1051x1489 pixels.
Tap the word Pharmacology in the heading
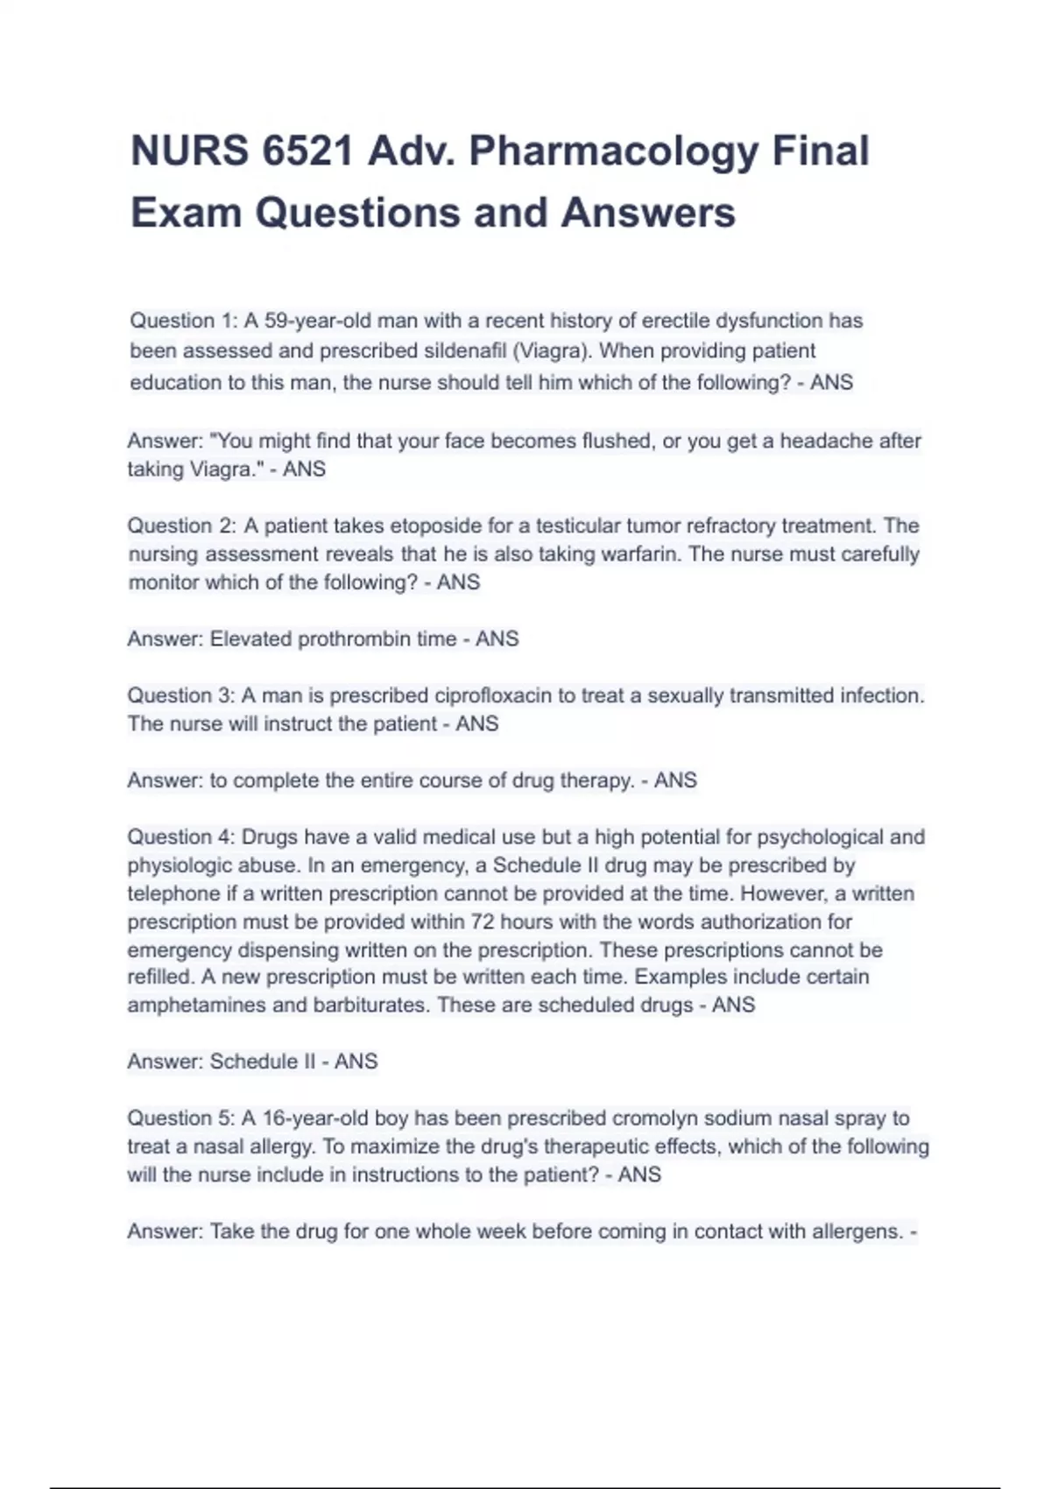(613, 151)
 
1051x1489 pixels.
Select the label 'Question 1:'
(183, 321)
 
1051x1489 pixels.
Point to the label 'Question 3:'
(181, 695)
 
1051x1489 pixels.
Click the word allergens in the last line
(856, 1231)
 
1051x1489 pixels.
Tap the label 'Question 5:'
(181, 1119)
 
